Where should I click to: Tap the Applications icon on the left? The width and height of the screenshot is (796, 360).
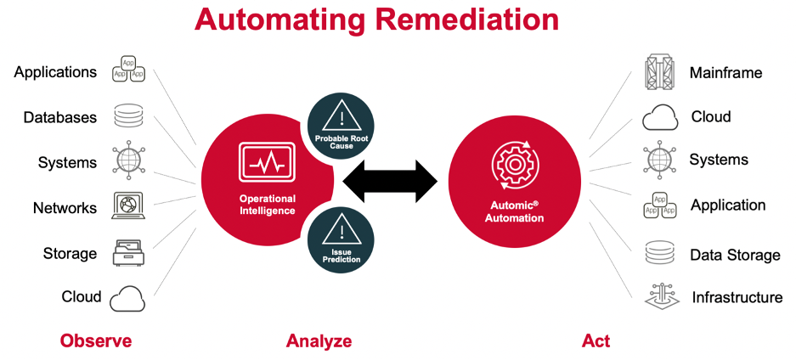tap(128, 71)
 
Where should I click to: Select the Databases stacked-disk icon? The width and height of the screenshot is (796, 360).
tap(128, 117)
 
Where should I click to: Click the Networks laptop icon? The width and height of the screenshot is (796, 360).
tap(128, 207)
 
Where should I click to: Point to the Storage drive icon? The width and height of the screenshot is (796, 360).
tap(128, 253)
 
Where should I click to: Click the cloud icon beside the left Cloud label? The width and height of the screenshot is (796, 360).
tap(127, 297)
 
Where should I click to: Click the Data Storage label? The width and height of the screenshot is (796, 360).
tap(735, 255)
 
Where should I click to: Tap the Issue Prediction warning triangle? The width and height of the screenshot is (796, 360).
tap(339, 231)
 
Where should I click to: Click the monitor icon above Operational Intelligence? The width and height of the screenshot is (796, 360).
tap(267, 163)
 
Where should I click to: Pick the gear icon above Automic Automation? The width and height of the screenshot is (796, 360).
tap(514, 165)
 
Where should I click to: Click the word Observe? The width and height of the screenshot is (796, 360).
tap(96, 341)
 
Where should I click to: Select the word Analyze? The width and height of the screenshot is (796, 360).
tap(319, 341)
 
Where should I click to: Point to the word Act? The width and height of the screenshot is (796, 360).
tap(596, 341)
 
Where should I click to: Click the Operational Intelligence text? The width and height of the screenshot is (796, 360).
tap(267, 205)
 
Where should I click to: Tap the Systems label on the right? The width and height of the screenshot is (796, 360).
tap(719, 160)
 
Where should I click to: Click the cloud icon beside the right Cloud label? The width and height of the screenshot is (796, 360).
tap(660, 117)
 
